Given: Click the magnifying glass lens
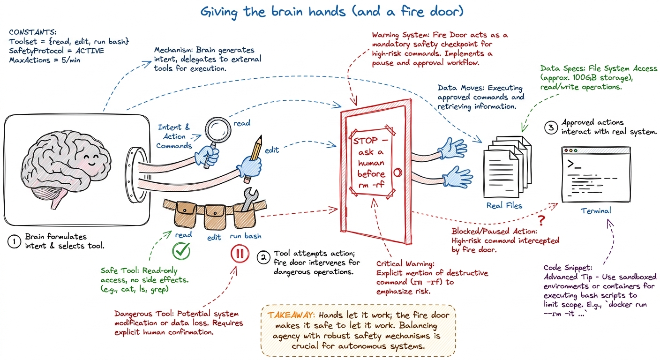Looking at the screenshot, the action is tap(218, 130).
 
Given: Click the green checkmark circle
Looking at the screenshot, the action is tap(181, 251).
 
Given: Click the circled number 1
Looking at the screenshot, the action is tap(14, 241).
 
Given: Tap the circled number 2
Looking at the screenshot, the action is tap(263, 257).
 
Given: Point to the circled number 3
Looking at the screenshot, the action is tap(551, 127).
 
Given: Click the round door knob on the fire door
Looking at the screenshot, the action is tap(397, 172).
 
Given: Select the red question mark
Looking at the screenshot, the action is tap(541, 220).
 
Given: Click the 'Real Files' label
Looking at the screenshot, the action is tap(504, 205).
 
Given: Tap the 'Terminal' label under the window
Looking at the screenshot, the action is tap(596, 210).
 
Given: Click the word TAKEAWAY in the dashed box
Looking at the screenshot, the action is tap(291, 315).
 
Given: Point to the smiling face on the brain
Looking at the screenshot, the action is tap(91, 159).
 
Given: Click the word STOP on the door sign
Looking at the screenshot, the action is tap(365, 141).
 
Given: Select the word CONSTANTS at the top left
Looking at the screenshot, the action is tap(32, 32).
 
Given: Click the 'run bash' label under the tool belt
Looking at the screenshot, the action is tap(246, 236).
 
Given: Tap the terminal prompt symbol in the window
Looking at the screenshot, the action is tap(574, 164).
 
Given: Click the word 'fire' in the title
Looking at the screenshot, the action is tap(412, 12).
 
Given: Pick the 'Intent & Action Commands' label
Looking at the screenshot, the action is tap(174, 136).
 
